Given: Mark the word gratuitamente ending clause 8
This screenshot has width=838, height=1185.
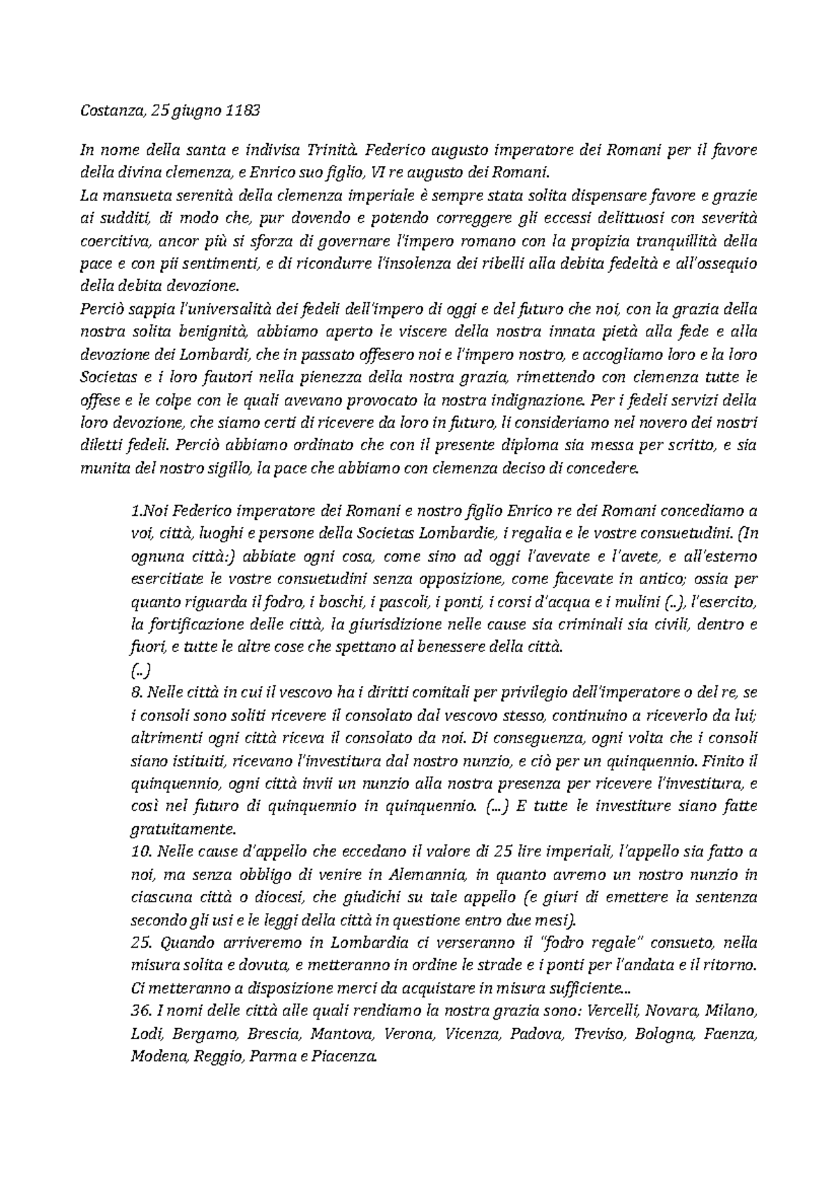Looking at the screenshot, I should click(184, 830).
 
